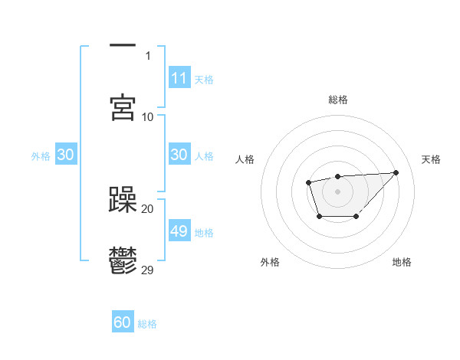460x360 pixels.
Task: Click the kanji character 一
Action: pyautogui.click(x=123, y=47)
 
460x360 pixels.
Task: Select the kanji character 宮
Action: pyautogui.click(x=123, y=107)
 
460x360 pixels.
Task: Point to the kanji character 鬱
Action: pyautogui.click(x=123, y=260)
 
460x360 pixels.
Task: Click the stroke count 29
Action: pyautogui.click(x=148, y=270)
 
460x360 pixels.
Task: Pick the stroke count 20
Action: pyautogui.click(x=148, y=208)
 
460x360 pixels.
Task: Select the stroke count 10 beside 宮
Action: pyautogui.click(x=148, y=116)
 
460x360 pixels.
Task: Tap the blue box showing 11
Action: pyautogui.click(x=179, y=78)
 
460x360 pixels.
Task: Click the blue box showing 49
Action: pyautogui.click(x=179, y=231)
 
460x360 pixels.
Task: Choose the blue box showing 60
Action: pyautogui.click(x=123, y=322)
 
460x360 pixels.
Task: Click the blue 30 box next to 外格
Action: pyautogui.click(x=65, y=155)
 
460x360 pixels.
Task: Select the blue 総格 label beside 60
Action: pyautogui.click(x=147, y=324)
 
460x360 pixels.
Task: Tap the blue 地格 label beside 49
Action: pyautogui.click(x=204, y=232)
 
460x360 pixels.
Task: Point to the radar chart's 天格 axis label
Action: pyautogui.click(x=431, y=159)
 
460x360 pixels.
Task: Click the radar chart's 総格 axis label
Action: pyautogui.click(x=337, y=100)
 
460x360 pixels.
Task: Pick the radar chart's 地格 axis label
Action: pyautogui.click(x=402, y=262)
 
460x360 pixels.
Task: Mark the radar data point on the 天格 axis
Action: pyautogui.click(x=396, y=172)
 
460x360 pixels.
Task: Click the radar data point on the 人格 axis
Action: pyautogui.click(x=308, y=182)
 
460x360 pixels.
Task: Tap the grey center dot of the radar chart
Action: pyautogui.click(x=337, y=191)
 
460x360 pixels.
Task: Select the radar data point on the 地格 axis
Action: pyautogui.click(x=356, y=218)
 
